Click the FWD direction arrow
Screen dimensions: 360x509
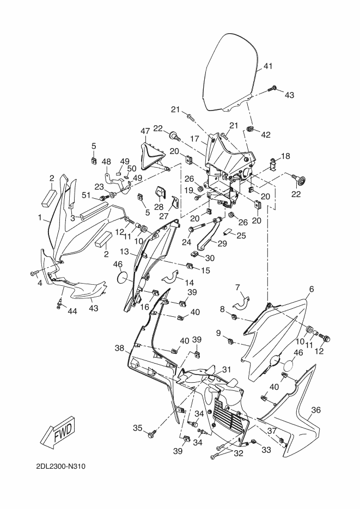(60, 432)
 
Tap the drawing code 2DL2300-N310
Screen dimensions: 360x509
(61, 467)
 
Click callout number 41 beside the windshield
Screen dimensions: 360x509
(268, 66)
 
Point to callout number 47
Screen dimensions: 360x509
(145, 131)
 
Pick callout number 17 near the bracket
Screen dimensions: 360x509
(194, 139)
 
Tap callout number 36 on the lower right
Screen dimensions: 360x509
(316, 410)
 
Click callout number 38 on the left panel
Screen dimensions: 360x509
(119, 348)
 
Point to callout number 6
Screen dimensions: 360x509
(312, 289)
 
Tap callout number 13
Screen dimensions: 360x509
(124, 252)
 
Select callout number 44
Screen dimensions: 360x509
(72, 311)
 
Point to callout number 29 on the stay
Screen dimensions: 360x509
(222, 243)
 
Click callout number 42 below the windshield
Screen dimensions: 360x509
(266, 134)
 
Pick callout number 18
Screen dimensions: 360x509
(285, 156)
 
